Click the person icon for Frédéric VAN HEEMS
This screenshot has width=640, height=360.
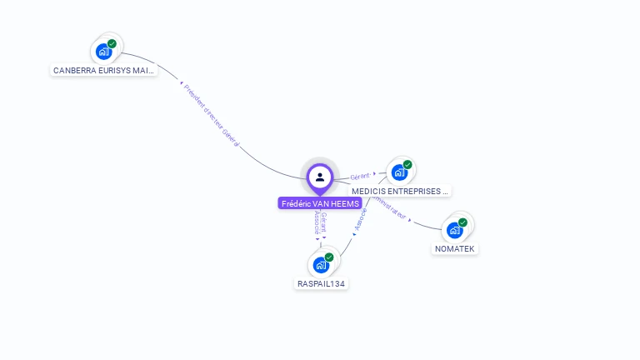(x=320, y=177)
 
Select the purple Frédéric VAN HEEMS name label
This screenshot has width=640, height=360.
(x=320, y=203)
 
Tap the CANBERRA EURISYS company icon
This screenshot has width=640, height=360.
(x=103, y=52)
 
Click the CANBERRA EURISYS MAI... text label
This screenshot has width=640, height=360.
(x=103, y=71)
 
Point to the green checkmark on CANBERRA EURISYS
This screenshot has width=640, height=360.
(x=112, y=43)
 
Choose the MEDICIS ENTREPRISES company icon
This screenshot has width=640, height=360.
(x=399, y=172)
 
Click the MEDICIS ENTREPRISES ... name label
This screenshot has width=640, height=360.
(x=400, y=191)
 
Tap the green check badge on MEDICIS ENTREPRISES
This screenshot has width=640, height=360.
(x=407, y=165)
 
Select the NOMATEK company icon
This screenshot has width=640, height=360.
(x=454, y=230)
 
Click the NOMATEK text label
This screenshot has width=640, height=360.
(x=456, y=248)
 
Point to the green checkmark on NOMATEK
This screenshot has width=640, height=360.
(x=462, y=222)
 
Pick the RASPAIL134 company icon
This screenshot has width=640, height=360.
(x=321, y=265)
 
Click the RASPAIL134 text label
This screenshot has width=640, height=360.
(x=322, y=283)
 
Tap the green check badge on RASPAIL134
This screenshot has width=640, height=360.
(x=329, y=257)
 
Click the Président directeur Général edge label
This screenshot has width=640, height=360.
(x=212, y=116)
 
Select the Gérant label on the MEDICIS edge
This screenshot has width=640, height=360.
(x=359, y=177)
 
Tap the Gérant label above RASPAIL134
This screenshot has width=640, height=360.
(x=324, y=223)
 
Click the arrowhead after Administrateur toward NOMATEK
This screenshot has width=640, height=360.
(x=410, y=219)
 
